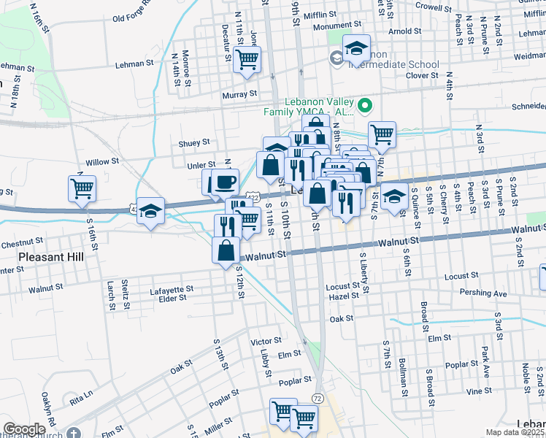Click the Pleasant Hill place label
pyautogui.click(x=51, y=258)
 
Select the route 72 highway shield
pyautogui.click(x=316, y=398)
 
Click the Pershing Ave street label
pyautogui.click(x=483, y=293)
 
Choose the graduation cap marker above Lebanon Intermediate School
pyautogui.click(x=355, y=49)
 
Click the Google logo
pyautogui.click(x=24, y=429)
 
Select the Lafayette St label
pyautogui.click(x=171, y=289)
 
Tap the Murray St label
pyautogui.click(x=240, y=93)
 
